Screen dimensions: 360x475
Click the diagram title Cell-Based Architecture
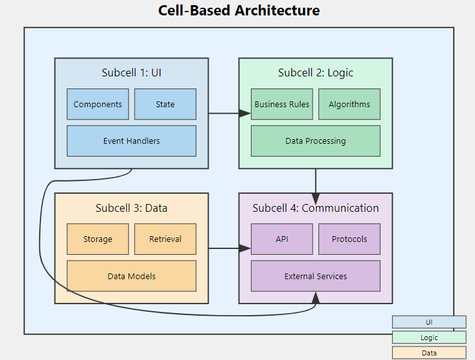(x=239, y=10)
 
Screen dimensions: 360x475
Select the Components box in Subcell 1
(x=98, y=104)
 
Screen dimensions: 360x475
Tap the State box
(x=165, y=104)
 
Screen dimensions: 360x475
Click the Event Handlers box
(x=132, y=141)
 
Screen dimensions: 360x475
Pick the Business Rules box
(x=282, y=104)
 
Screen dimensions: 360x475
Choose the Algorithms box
(x=349, y=104)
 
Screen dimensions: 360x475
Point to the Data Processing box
(x=315, y=141)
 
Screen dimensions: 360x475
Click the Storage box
(x=98, y=239)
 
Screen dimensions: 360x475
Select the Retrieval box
(x=165, y=239)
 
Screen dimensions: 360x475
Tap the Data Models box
(x=132, y=276)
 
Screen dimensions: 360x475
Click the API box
(x=282, y=239)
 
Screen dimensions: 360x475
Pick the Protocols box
(x=349, y=239)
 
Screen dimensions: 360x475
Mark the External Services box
(x=315, y=276)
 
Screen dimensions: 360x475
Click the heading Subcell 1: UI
(x=132, y=73)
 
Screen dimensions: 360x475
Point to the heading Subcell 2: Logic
(x=315, y=73)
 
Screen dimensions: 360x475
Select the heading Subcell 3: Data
(x=132, y=208)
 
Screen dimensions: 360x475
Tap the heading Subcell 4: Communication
(x=315, y=208)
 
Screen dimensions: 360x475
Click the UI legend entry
(x=429, y=321)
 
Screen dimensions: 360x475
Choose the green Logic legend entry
(x=429, y=338)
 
